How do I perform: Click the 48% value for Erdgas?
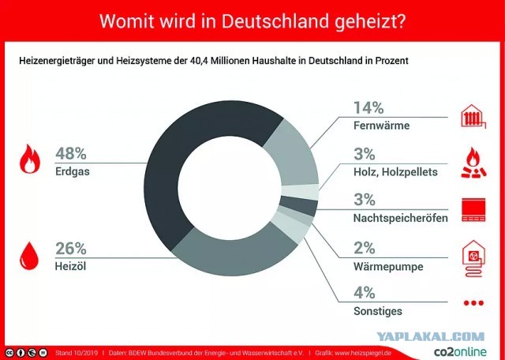tap(71, 153)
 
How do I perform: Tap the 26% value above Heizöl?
tap(71, 249)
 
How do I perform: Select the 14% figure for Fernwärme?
tap(368, 107)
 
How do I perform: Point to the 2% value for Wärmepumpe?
tap(365, 248)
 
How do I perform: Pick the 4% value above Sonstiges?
tap(365, 293)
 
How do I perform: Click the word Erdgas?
tap(73, 171)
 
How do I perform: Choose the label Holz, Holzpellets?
tap(395, 172)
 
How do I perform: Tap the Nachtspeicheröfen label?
tap(401, 218)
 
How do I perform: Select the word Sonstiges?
tap(378, 311)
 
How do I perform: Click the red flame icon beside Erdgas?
tap(30, 159)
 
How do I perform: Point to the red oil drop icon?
tap(29, 256)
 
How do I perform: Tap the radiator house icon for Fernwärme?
tap(473, 116)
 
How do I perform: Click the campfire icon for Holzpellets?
tap(473, 163)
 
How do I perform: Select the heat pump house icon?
tap(473, 258)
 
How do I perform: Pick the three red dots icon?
tap(473, 303)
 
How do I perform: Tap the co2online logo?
tap(460, 351)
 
